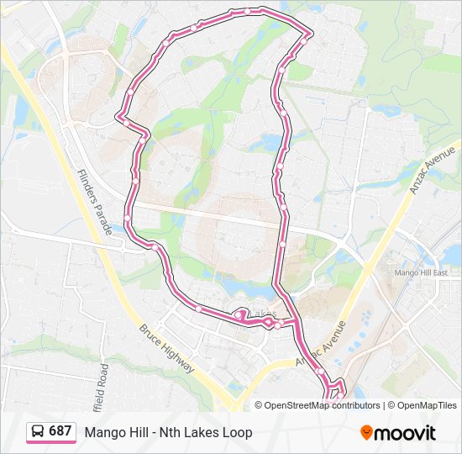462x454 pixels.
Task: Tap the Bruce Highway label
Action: (x=167, y=349)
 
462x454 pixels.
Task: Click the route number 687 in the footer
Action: (x=60, y=431)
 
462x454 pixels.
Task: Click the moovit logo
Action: (x=398, y=432)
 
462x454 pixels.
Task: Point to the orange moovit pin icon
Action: (x=367, y=432)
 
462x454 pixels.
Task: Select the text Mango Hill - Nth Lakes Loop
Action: (x=168, y=432)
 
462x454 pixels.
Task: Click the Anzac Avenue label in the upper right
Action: (x=433, y=169)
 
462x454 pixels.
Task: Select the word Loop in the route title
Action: (x=237, y=432)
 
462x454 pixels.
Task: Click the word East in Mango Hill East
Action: (x=452, y=272)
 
